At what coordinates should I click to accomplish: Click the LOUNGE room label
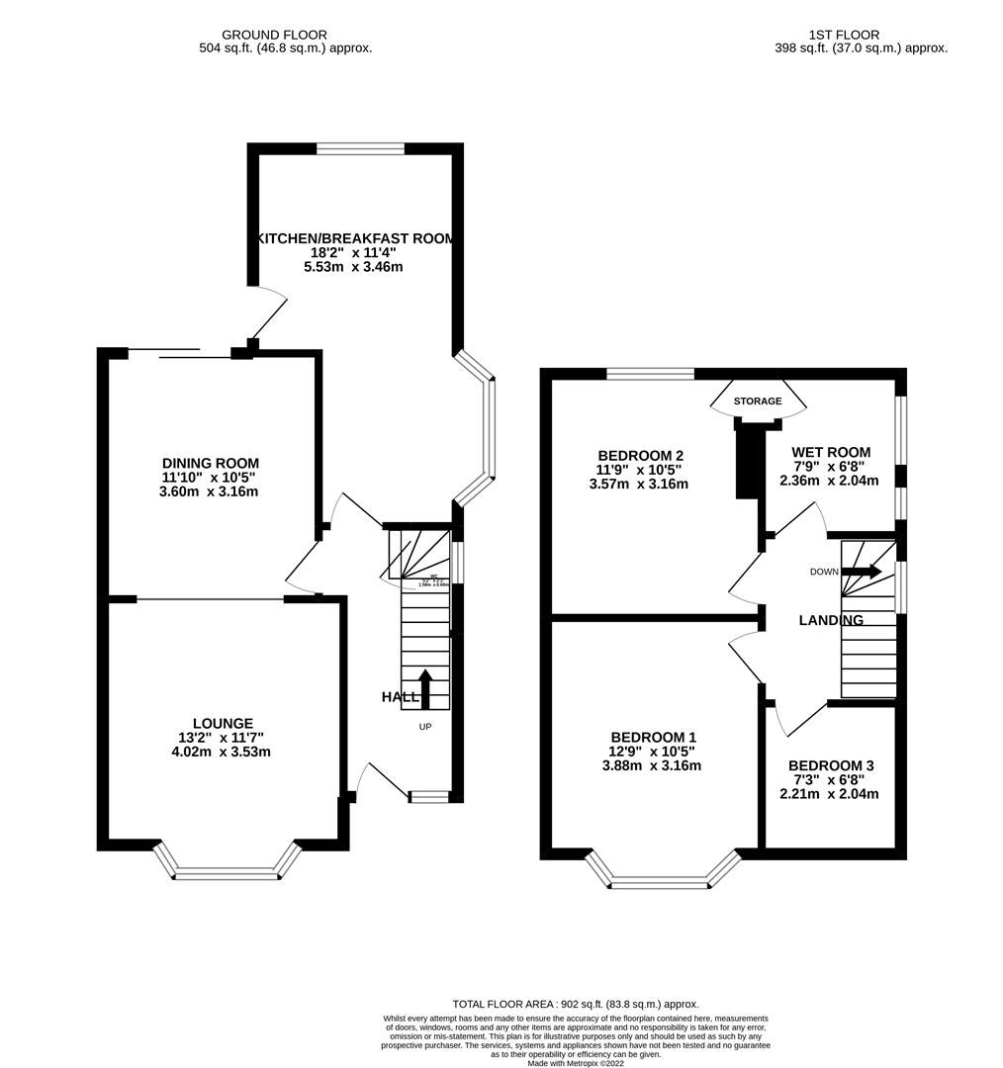tap(223, 724)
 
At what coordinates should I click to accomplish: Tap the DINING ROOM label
tap(211, 463)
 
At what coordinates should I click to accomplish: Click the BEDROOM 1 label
tap(653, 737)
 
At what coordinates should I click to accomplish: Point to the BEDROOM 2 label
tap(641, 455)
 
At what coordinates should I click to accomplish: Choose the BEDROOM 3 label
tap(830, 765)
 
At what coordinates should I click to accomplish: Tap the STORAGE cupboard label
tap(758, 400)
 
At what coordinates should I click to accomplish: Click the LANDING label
tap(831, 620)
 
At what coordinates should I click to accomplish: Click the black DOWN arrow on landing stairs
tap(862, 572)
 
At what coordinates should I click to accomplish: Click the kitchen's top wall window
tap(360, 149)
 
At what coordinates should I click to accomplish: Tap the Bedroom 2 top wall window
tap(650, 374)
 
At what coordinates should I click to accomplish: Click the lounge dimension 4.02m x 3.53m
tap(223, 752)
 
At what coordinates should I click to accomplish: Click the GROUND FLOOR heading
tap(274, 35)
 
